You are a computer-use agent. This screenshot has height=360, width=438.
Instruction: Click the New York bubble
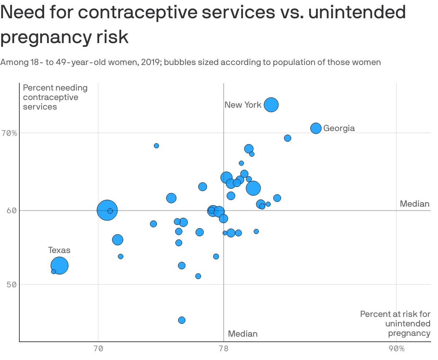pos(271,105)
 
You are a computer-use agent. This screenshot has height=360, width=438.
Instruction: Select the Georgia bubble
pos(316,128)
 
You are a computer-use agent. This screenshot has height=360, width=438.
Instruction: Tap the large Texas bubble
pos(59,265)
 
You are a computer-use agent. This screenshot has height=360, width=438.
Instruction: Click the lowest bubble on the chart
pos(182,320)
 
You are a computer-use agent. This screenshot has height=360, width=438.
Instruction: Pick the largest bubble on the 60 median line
pos(107,210)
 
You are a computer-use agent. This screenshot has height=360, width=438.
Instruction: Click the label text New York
pos(243,105)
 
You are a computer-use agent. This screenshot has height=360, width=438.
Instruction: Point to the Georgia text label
pos(339,128)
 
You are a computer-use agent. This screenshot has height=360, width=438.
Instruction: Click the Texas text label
pos(59,250)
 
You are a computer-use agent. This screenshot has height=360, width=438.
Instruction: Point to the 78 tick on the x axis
pos(223,349)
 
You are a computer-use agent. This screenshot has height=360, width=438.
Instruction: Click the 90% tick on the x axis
pos(396,349)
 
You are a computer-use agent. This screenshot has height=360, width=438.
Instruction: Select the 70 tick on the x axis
pos(98,349)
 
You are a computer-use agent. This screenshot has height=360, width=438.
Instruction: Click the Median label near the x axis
pos(243,334)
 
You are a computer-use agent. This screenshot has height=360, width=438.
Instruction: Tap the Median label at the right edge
pos(415,204)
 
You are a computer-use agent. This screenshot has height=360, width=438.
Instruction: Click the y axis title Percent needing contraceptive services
pos(55,97)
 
